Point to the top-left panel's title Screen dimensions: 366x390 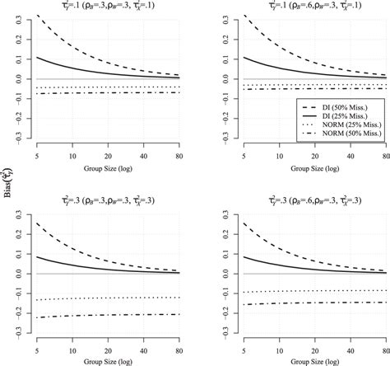click(114, 5)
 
